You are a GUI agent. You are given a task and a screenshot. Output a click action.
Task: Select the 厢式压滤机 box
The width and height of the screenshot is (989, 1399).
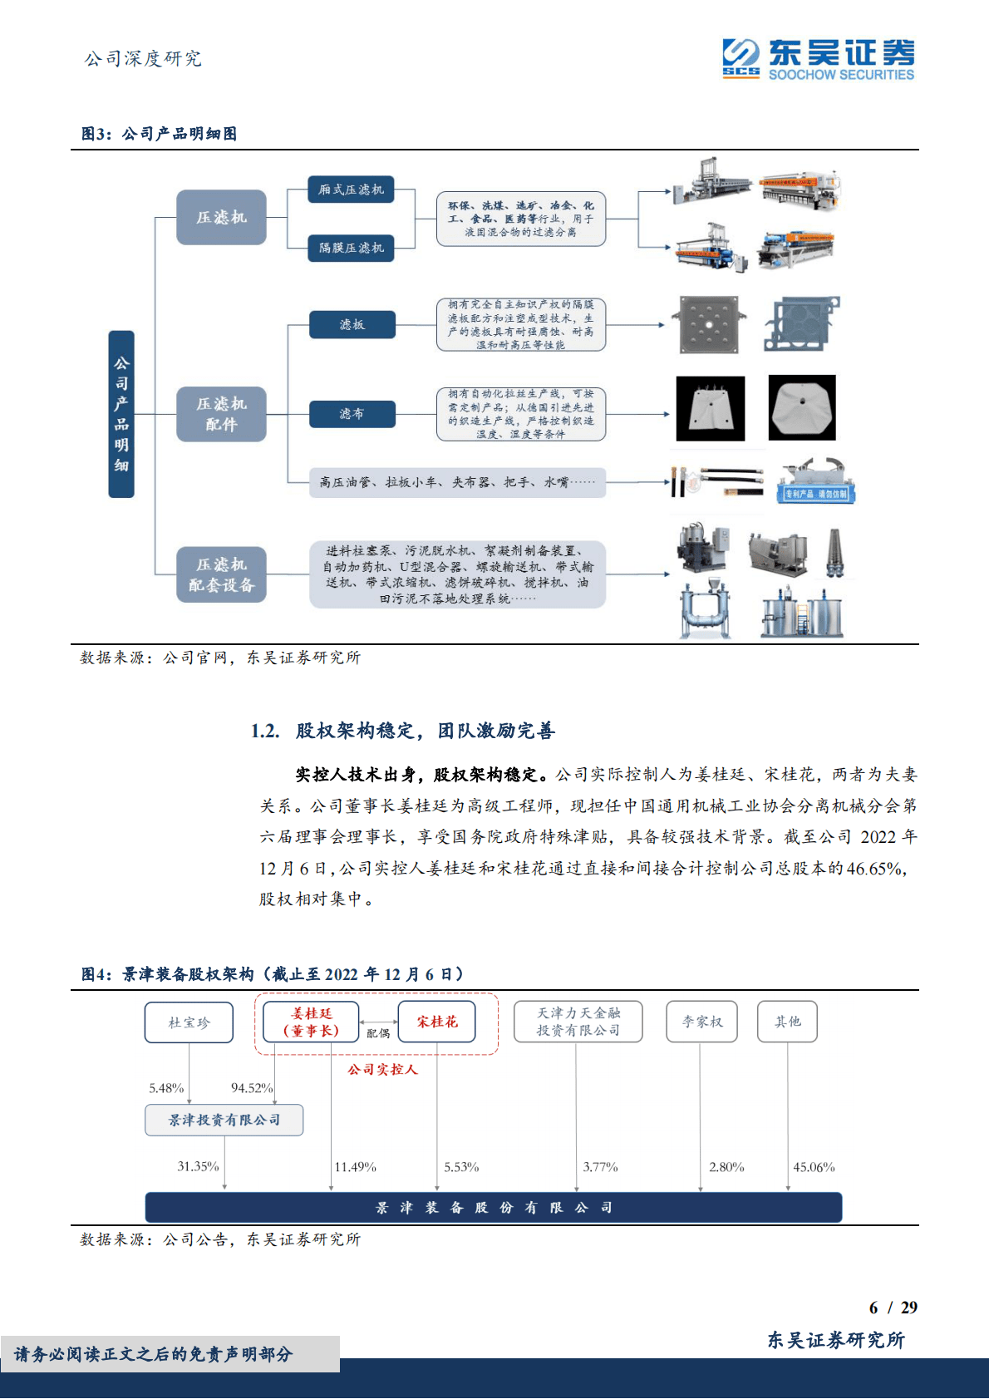pos(350,190)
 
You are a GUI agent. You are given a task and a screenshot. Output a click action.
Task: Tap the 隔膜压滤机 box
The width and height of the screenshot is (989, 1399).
pos(350,248)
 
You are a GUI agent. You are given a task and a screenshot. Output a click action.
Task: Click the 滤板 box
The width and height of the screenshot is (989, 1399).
pos(352,324)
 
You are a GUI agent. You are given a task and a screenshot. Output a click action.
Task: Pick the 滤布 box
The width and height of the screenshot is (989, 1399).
pos(352,413)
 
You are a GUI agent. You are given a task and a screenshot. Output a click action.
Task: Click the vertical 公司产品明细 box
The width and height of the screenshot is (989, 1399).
pos(121,414)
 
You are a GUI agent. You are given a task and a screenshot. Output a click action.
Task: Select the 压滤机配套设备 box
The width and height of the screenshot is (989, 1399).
pos(221,574)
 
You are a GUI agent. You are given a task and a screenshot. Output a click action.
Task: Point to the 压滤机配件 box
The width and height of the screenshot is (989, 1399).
pos(221,414)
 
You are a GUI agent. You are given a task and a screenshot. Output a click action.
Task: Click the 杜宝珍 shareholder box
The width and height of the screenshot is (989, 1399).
pos(189,1022)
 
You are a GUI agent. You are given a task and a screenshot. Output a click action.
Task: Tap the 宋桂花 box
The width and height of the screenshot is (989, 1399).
pos(436,1022)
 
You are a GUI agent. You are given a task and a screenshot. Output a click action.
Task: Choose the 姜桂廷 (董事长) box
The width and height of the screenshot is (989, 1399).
pos(311,1022)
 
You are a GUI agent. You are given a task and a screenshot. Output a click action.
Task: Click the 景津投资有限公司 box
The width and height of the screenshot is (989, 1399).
pos(224,1120)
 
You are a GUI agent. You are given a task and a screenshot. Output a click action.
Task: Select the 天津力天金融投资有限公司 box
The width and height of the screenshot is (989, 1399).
pos(578,1022)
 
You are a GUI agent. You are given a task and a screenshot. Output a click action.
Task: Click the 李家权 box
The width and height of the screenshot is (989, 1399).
pos(702,1022)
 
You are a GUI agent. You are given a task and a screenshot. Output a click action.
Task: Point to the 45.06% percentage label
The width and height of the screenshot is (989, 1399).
pos(814,1167)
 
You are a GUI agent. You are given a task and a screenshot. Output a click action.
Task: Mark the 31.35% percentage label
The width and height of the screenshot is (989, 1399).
pos(198,1166)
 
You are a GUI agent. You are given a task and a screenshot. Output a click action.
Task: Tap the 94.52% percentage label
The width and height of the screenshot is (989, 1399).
pos(252,1088)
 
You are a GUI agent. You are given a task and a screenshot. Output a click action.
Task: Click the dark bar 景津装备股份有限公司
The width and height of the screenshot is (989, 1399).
pos(494,1207)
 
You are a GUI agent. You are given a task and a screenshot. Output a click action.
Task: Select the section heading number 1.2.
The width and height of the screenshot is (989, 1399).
pos(265,731)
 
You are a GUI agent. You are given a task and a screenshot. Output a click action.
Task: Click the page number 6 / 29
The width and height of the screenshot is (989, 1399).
pos(893,1308)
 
